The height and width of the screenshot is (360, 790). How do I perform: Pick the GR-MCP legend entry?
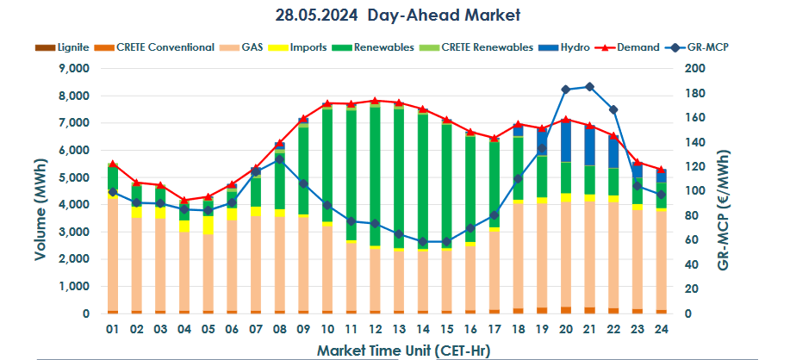coord(706,47)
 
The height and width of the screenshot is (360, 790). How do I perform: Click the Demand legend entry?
coord(636,47)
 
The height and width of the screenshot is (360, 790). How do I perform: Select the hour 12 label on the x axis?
coord(375,330)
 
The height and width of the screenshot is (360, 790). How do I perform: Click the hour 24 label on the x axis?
coord(661,330)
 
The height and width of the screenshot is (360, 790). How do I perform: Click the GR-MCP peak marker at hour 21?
coord(589,87)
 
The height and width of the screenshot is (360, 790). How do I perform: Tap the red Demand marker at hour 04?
coord(184,200)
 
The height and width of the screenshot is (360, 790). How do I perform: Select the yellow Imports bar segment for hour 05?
coord(208,225)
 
